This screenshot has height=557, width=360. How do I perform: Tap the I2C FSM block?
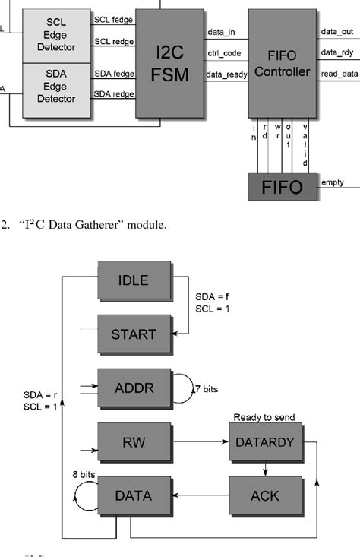tap(169, 64)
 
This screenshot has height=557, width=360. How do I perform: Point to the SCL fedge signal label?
tap(112, 20)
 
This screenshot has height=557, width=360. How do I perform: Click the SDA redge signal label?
tap(112, 93)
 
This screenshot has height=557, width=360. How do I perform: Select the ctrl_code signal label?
tap(224, 52)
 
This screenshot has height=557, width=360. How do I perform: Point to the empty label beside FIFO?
tap(333, 182)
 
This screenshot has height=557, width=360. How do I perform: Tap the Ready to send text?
tap(265, 417)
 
